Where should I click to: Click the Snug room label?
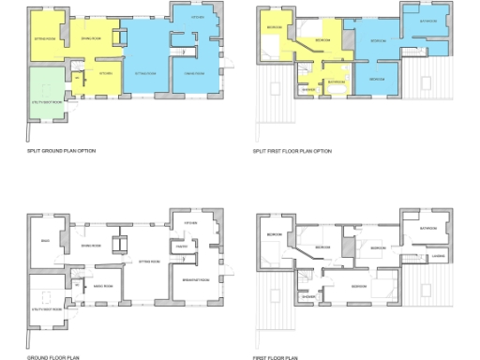click(44, 242)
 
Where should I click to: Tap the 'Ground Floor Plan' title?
click(48, 357)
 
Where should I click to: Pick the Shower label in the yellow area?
click(307, 90)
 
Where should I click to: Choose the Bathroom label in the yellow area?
click(335, 82)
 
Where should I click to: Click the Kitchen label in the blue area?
click(198, 18)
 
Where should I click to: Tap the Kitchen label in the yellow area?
click(106, 73)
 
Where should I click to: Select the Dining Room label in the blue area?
click(195, 73)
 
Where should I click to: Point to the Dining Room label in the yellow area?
click(91, 37)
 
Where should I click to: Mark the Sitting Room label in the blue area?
click(145, 73)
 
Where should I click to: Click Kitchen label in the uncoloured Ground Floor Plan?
click(190, 223)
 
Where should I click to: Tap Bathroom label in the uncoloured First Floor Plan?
click(430, 228)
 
